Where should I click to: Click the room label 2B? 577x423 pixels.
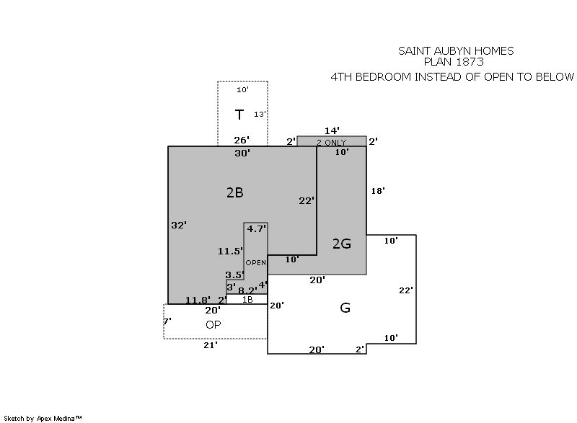click(x=235, y=192)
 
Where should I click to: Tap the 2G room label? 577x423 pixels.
click(x=342, y=244)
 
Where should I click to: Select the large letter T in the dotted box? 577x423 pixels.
click(x=239, y=115)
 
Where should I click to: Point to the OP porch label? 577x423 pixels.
click(x=213, y=325)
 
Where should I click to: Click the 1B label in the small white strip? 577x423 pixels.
click(x=247, y=300)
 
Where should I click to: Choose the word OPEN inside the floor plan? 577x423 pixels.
click(x=256, y=263)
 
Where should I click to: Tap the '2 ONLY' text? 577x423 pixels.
click(x=332, y=143)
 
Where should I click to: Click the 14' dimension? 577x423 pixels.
click(x=332, y=130)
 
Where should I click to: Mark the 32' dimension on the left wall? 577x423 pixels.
click(x=179, y=225)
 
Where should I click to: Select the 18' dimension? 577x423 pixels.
click(x=378, y=191)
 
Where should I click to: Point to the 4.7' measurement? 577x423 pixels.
click(x=256, y=229)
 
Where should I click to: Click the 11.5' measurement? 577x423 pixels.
click(x=230, y=251)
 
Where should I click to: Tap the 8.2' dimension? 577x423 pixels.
click(x=247, y=290)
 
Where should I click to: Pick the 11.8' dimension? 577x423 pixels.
click(x=198, y=300)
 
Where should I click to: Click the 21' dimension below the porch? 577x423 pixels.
click(x=211, y=345)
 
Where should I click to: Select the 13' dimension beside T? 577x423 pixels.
click(x=260, y=115)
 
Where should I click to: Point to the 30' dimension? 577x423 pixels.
click(x=242, y=153)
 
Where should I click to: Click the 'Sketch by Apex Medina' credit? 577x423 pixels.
click(x=43, y=418)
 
